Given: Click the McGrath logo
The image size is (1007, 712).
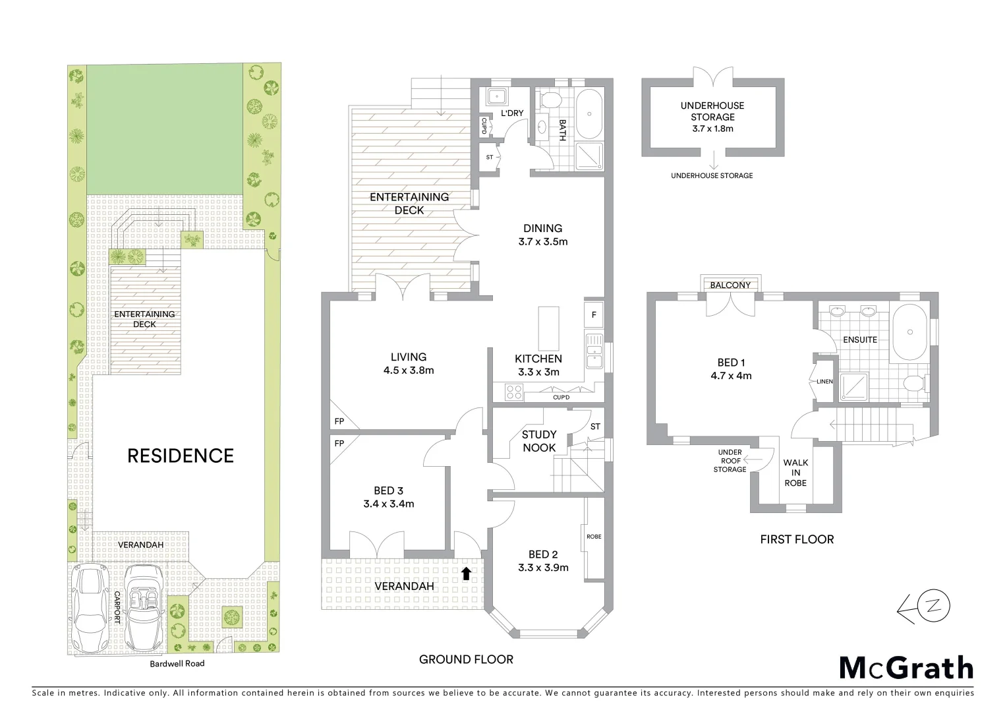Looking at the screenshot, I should click(906, 668).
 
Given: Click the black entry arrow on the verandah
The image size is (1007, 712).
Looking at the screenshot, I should click(466, 573).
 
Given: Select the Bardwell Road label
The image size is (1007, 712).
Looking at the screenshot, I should click(177, 663).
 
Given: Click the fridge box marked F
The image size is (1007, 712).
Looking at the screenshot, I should click(594, 315).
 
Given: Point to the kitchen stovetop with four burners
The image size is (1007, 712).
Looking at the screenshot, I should click(513, 392).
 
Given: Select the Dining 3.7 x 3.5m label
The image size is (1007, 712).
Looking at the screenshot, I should click(542, 235).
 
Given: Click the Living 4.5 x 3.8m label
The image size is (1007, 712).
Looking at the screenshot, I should click(409, 364).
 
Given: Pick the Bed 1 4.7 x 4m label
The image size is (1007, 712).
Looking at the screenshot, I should click(731, 369).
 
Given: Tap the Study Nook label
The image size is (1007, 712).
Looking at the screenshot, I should click(539, 441).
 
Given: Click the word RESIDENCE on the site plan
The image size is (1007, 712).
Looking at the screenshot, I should click(180, 456).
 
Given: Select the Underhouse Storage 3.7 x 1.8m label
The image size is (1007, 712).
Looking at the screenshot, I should click(712, 117).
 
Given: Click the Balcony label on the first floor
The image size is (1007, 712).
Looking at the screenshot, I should click(730, 285).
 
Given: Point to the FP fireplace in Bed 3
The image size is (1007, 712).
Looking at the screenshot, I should click(340, 444).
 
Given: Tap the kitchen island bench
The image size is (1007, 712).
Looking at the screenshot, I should click(548, 328).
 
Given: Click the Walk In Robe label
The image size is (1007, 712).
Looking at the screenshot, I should click(795, 473).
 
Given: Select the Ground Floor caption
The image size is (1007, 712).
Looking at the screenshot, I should click(466, 659).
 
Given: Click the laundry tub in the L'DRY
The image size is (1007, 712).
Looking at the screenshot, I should click(495, 98).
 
